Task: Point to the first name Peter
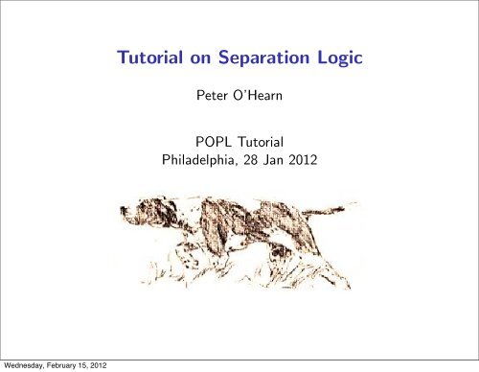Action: point(210,97)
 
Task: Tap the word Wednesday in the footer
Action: point(24,364)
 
